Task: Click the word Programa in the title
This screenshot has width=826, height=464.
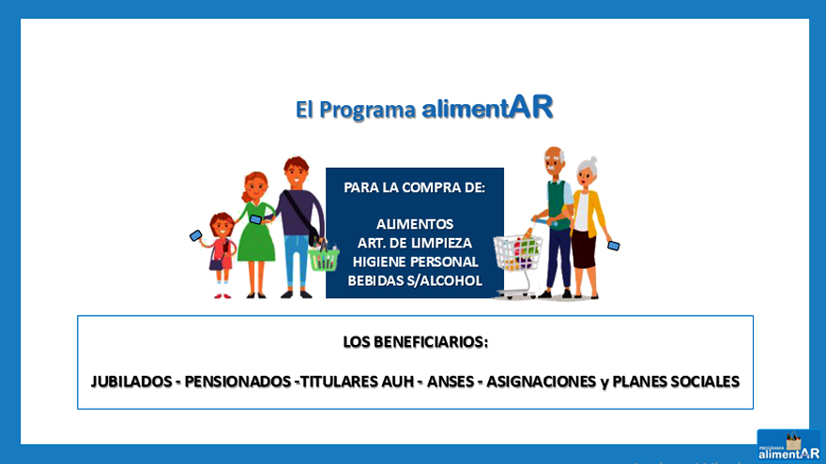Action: point(367,111)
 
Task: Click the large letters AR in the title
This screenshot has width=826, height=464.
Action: point(531,107)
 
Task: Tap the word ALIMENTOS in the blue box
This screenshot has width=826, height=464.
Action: point(414,224)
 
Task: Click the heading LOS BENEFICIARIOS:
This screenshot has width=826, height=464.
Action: point(415,342)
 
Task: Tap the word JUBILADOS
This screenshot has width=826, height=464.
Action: point(130,382)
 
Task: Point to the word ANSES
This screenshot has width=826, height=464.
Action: point(451,382)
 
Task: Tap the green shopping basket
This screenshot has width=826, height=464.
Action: point(324,257)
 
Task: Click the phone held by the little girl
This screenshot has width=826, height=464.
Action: point(195,235)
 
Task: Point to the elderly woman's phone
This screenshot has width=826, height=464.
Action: point(613,246)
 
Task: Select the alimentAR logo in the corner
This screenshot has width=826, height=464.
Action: point(788,446)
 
